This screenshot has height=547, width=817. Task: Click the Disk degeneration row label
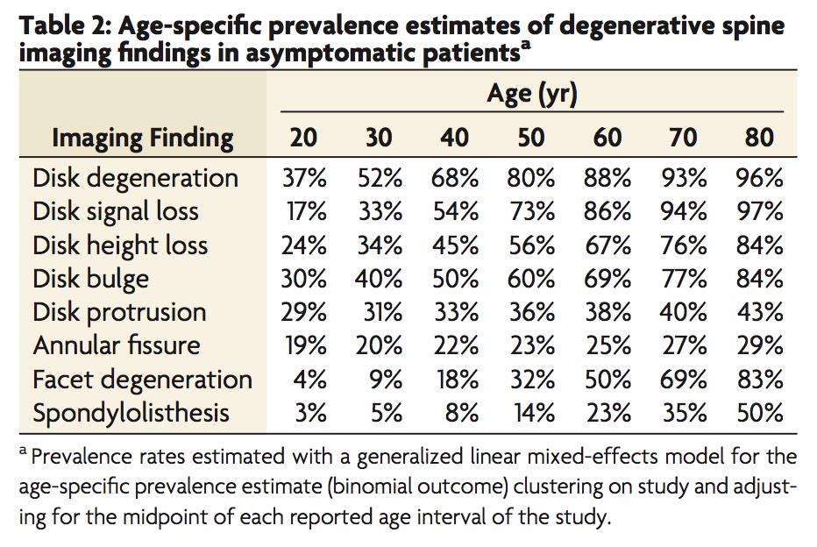coord(136,179)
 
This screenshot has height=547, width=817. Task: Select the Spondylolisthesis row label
coord(131,413)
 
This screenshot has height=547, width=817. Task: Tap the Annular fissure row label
coord(117,345)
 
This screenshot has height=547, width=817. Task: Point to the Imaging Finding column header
coord(143,139)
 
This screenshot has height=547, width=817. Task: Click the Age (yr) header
coord(532,95)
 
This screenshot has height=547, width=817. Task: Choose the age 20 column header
coord(303,138)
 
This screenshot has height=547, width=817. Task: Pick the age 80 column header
coord(758,138)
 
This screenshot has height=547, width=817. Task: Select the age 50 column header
coord(531,138)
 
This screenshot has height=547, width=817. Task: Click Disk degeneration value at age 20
coord(304,178)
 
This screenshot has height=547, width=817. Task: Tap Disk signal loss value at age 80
coord(760,211)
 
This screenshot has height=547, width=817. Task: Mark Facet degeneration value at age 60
coord(607,380)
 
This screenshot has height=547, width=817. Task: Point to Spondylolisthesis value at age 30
coord(387,413)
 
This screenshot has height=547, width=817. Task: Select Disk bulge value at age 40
coord(455,279)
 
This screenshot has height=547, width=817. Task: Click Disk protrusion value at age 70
coord(683,312)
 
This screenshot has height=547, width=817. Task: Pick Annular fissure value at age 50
coord(532,346)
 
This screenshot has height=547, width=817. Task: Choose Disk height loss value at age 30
coord(380,245)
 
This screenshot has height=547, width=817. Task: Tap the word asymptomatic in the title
coord(332,53)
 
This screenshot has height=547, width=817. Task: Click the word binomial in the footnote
coord(368,487)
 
